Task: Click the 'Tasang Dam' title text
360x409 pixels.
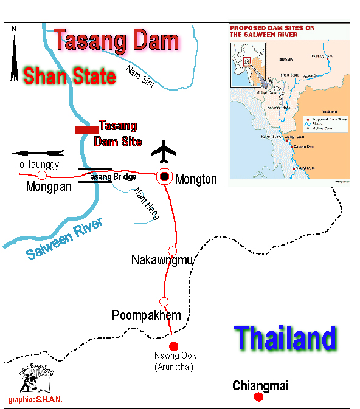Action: (116, 41)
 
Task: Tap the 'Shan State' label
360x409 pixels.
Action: (69, 77)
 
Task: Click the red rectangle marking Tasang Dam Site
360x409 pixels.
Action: (86, 129)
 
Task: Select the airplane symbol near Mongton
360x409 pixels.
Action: (164, 151)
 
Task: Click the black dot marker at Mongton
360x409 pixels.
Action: (164, 177)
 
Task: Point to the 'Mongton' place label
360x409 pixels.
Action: (196, 179)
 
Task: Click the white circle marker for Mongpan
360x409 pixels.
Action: (42, 176)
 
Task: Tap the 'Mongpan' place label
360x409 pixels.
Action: (49, 187)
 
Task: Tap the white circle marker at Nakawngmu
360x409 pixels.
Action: (172, 250)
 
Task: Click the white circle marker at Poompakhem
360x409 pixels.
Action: (164, 301)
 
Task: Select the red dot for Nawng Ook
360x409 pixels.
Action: (173, 345)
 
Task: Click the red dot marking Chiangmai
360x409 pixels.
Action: (258, 397)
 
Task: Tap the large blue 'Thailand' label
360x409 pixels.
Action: (285, 338)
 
